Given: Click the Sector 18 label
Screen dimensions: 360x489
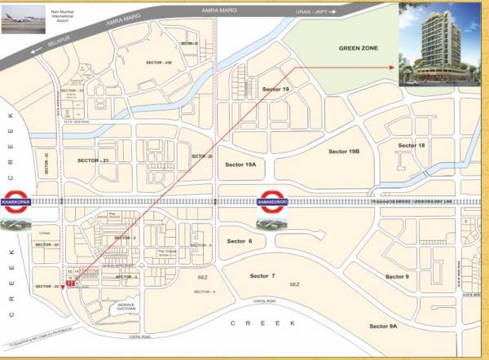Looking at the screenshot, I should [411, 145].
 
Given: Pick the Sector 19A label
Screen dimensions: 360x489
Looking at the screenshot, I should [240, 164].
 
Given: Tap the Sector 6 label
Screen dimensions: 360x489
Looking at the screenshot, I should [240, 241].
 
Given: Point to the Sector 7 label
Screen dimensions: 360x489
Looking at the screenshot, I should [262, 276].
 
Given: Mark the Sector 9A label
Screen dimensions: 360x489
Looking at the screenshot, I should [382, 326].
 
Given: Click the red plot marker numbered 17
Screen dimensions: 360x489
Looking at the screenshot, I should [70, 283].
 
